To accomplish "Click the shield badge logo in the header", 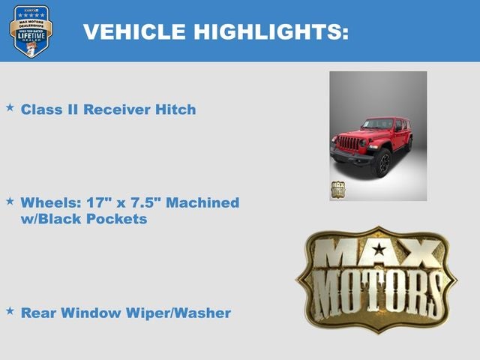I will tap(31, 31).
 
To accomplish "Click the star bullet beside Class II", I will tap(10, 108).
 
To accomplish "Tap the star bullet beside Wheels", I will tap(10, 201).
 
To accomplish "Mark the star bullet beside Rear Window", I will tap(10, 310).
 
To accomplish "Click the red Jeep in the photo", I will tap(371, 139).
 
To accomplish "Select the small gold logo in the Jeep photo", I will tap(337, 189).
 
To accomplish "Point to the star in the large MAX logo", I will tap(379, 249).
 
